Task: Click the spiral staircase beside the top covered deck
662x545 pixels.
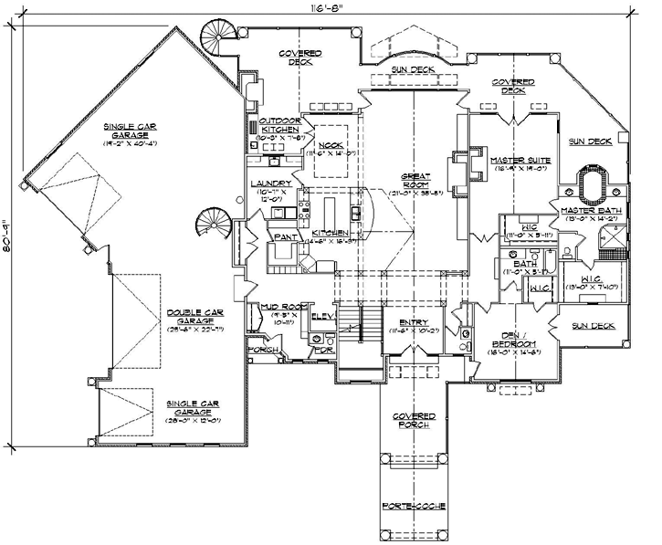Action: coord(216,37)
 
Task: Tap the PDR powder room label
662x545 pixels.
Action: coord(321,350)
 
